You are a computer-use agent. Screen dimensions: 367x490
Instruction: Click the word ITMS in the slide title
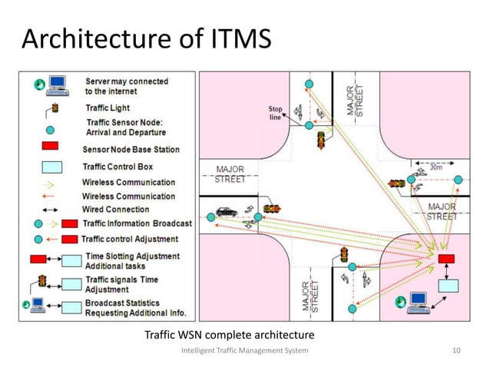[232, 39]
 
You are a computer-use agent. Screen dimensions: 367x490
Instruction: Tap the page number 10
[458, 350]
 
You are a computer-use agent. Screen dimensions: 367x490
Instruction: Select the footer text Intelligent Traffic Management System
[244, 350]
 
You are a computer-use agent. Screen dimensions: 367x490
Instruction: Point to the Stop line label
[276, 113]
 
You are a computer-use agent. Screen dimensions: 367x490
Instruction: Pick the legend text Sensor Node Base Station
[131, 149]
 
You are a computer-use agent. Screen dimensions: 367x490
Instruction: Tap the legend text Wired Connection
[115, 209]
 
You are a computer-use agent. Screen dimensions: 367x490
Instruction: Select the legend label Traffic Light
[108, 108]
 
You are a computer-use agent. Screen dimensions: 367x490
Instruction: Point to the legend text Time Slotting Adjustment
[132, 256]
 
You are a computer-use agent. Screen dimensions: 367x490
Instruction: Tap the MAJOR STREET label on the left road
[230, 174]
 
